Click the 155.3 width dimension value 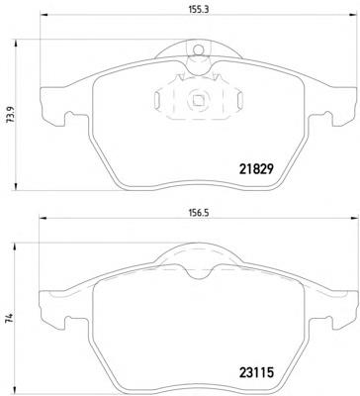click(x=199, y=10)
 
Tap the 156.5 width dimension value click(x=199, y=213)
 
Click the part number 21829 click(x=256, y=169)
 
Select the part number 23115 click(x=256, y=372)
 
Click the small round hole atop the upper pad click(x=198, y=50)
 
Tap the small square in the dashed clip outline click(x=198, y=100)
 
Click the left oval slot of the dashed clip click(x=157, y=100)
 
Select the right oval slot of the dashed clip click(x=240, y=100)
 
